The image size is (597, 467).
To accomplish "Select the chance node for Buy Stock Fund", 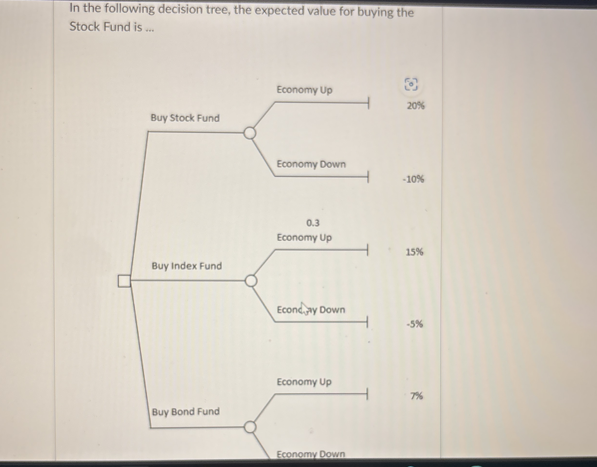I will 250,133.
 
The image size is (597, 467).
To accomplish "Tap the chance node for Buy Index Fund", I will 251,281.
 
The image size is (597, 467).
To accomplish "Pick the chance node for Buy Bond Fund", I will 250,427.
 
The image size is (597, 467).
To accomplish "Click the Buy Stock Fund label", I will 185,118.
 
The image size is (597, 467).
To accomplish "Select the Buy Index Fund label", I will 187,266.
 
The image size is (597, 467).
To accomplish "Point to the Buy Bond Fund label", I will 186,412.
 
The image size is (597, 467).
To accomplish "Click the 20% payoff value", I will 416,105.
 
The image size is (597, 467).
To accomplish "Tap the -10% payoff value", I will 413,179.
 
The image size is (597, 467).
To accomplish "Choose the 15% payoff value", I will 414,252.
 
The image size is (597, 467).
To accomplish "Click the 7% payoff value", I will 416,396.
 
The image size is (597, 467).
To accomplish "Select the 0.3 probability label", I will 313,223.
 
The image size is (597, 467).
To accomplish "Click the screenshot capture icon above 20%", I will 411,84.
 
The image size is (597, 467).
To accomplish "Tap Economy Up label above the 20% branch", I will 304,90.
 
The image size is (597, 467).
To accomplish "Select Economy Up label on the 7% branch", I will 304,382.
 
